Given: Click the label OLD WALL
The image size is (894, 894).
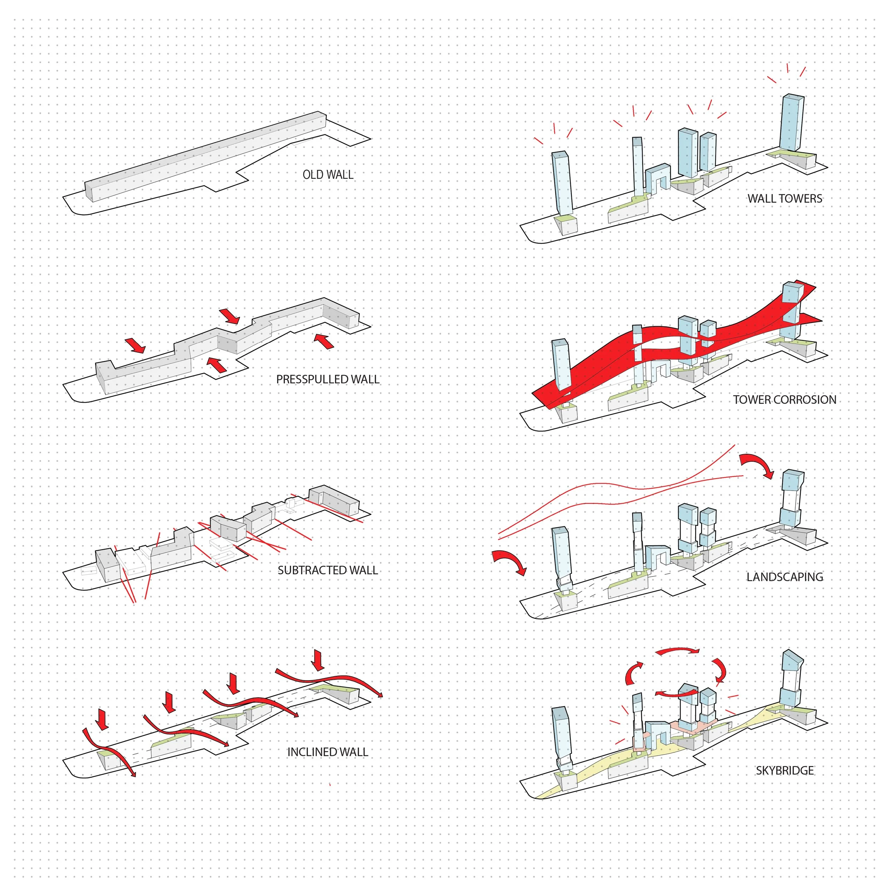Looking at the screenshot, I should [328, 175].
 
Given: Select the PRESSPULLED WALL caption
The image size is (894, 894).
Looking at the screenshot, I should [328, 379].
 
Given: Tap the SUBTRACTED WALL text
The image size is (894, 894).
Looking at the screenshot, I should [328, 570].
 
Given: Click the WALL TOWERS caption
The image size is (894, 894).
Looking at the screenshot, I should [785, 198].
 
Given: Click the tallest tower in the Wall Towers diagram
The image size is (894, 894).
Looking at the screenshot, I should [791, 123].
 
